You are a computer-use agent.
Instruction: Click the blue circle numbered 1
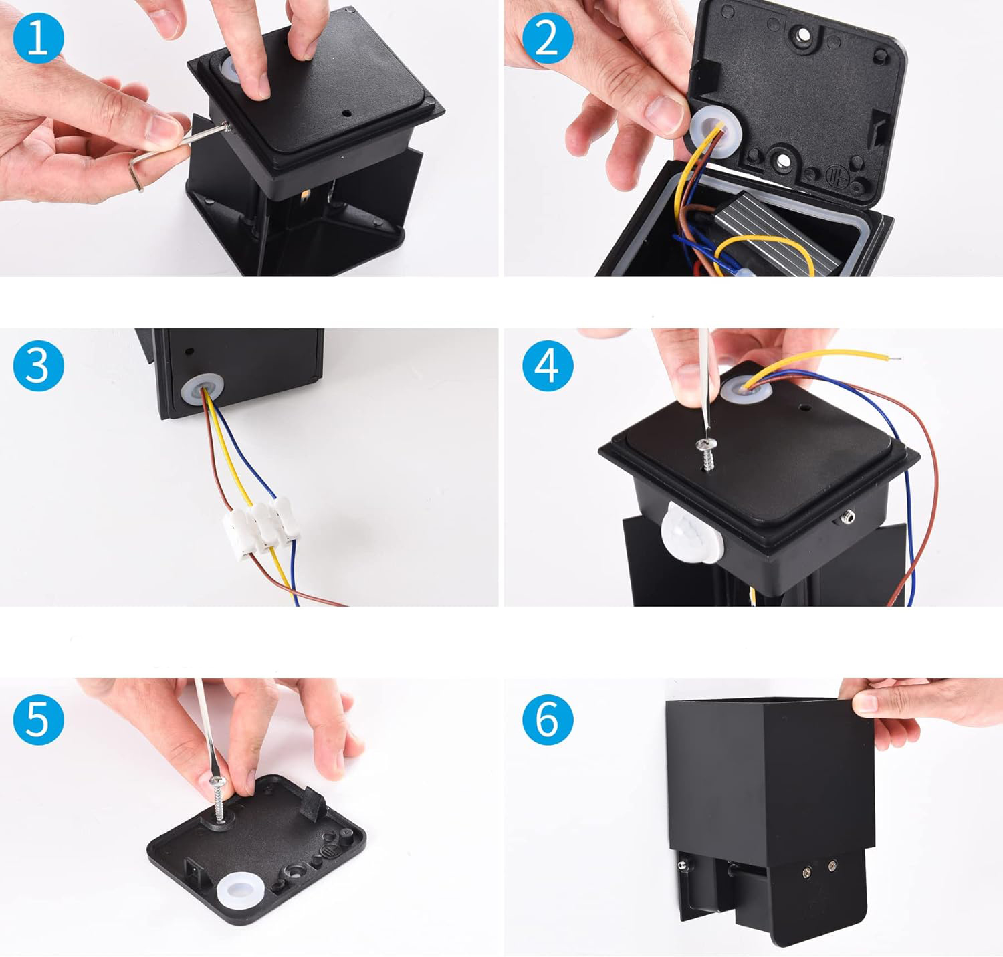click(38, 38)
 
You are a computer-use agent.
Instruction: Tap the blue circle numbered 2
click(548, 38)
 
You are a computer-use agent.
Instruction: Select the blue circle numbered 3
click(38, 366)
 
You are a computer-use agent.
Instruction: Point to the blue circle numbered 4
click(548, 366)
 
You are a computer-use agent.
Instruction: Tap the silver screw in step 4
click(707, 454)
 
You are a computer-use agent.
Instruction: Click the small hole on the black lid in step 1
click(347, 113)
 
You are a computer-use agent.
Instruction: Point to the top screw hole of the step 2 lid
click(803, 35)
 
